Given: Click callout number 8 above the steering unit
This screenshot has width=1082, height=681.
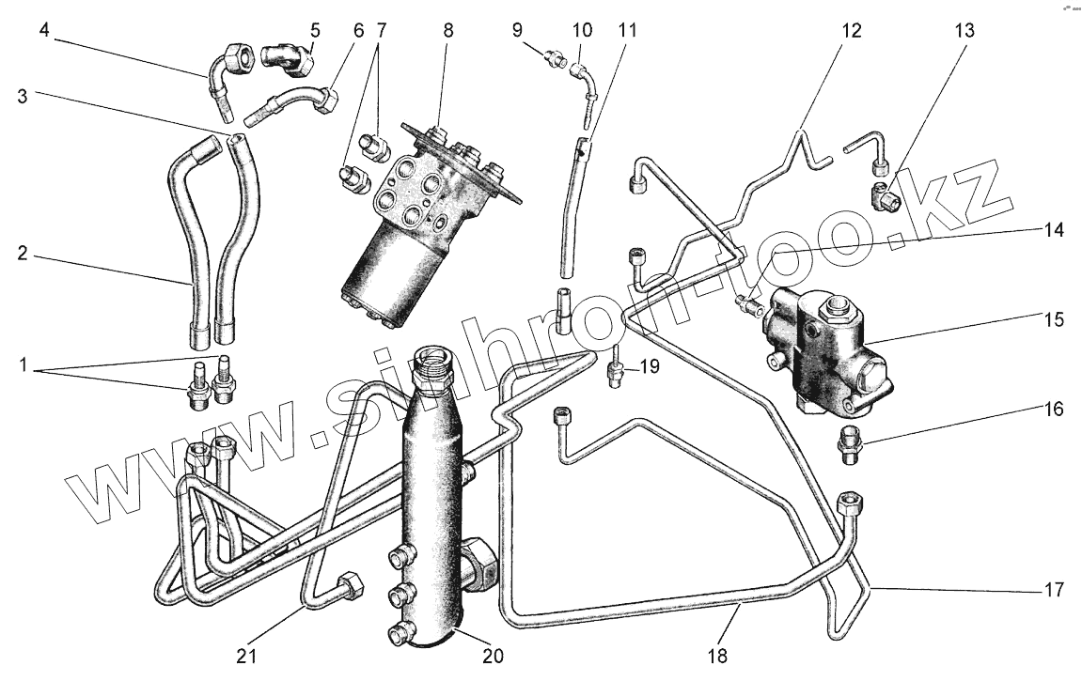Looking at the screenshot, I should pyautogui.click(x=448, y=30).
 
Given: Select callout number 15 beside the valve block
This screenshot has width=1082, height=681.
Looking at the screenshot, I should pyautogui.click(x=1052, y=319).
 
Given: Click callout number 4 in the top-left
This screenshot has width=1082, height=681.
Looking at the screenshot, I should pyautogui.click(x=44, y=30).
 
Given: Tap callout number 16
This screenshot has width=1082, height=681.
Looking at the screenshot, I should pyautogui.click(x=1052, y=410).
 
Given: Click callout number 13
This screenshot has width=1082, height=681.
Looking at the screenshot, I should pyautogui.click(x=964, y=30).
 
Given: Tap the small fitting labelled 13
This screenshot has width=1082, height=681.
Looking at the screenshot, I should pyautogui.click(x=886, y=196).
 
